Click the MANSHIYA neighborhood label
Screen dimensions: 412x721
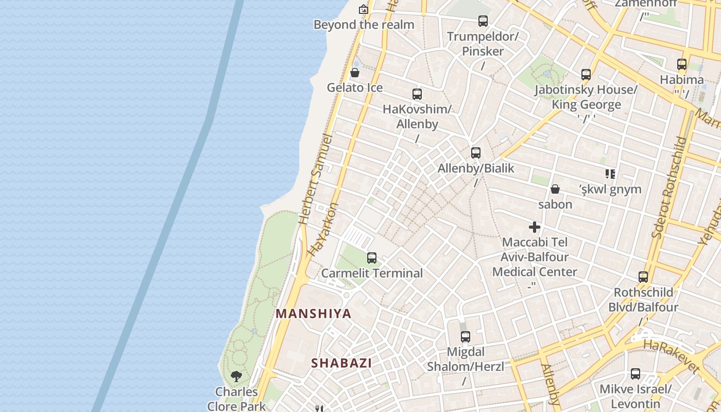[x=314, y=314]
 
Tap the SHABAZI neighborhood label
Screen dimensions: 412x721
[x=341, y=363]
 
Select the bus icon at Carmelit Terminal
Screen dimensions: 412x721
[x=371, y=258]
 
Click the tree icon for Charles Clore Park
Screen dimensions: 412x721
[x=236, y=376]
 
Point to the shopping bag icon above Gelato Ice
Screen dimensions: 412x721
[x=354, y=73]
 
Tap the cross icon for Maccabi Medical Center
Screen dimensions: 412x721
[x=535, y=227]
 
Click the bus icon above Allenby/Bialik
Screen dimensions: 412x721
[x=475, y=153]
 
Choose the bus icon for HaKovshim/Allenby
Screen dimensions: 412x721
[x=417, y=94]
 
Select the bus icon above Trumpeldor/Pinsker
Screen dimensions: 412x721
[x=483, y=21]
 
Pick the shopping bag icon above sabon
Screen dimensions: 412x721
[x=555, y=189]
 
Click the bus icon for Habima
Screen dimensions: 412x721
[x=681, y=64]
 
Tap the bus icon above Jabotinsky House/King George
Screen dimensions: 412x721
[x=586, y=75]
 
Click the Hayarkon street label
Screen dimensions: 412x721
[x=325, y=229]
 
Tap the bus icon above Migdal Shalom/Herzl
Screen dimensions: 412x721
[x=465, y=337]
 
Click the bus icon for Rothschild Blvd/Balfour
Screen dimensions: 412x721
[x=643, y=277]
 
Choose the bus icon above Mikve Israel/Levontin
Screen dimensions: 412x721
[x=635, y=374]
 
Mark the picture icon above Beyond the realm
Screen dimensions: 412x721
[x=364, y=9]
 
